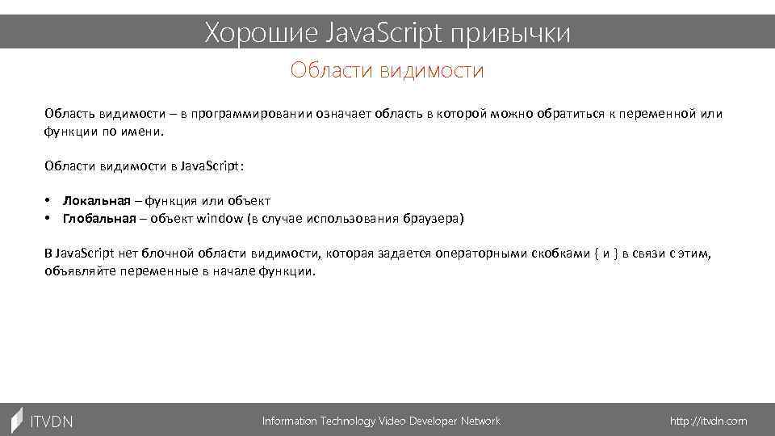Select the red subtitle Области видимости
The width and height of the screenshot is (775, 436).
point(387,71)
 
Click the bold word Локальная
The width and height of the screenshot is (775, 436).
point(96,201)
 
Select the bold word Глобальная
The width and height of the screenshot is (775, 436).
point(99,219)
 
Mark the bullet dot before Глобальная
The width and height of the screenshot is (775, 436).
point(48,219)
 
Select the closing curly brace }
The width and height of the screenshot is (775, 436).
point(616,254)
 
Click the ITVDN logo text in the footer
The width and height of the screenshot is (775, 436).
point(51,421)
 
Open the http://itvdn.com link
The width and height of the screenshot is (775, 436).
point(709,421)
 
